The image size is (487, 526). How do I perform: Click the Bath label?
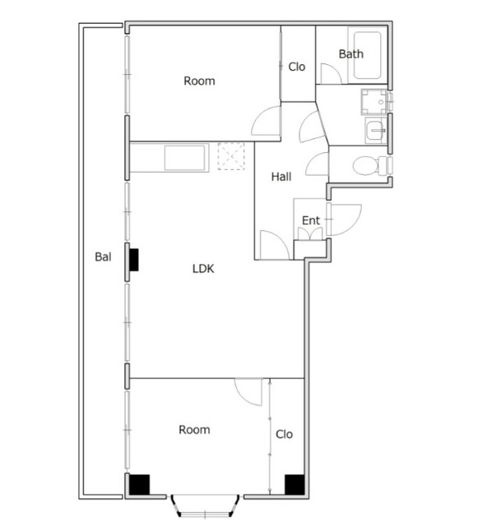click(351, 54)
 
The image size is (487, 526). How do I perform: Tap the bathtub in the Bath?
click(367, 55)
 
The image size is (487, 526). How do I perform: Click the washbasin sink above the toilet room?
click(375, 130)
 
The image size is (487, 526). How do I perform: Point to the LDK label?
click(203, 269)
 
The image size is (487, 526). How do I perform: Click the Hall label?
click(281, 177)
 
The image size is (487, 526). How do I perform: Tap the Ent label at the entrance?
click(311, 221)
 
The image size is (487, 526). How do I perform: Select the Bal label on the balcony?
click(103, 257)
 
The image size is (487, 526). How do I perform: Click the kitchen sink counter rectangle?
click(185, 158)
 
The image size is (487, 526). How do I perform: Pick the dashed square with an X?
click(230, 156)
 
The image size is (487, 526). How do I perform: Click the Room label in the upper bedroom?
click(199, 81)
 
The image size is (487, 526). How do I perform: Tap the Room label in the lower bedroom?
click(194, 430)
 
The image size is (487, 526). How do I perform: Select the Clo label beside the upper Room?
click(297, 67)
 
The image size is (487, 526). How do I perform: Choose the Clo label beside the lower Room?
click(284, 435)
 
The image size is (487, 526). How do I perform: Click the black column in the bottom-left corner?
click(139, 484)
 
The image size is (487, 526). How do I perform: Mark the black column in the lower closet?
click(295, 484)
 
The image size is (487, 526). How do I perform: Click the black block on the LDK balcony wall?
click(134, 260)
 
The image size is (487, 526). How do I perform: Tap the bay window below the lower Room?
click(205, 505)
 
